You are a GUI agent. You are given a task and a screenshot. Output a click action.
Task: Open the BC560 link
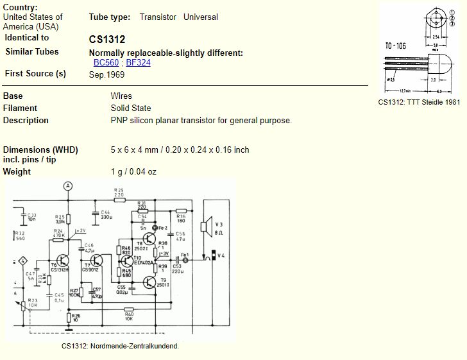click(x=106, y=62)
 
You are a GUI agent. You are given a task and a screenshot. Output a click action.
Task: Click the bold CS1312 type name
click(x=107, y=39)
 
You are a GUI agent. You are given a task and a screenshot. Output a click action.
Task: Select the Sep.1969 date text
click(x=107, y=74)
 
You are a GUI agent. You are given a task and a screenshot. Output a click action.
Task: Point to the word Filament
click(x=20, y=108)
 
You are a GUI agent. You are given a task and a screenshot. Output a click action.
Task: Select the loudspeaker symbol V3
click(x=205, y=226)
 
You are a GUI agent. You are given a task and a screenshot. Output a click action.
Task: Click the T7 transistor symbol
click(x=96, y=260)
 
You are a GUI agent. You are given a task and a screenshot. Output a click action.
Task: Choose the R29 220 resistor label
click(x=118, y=192)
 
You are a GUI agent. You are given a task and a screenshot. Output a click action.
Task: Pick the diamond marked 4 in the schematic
click(x=22, y=261)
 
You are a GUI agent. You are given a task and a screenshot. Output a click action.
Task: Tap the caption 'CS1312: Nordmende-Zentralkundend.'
click(x=120, y=346)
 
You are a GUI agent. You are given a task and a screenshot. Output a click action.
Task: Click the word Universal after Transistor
click(x=201, y=17)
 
